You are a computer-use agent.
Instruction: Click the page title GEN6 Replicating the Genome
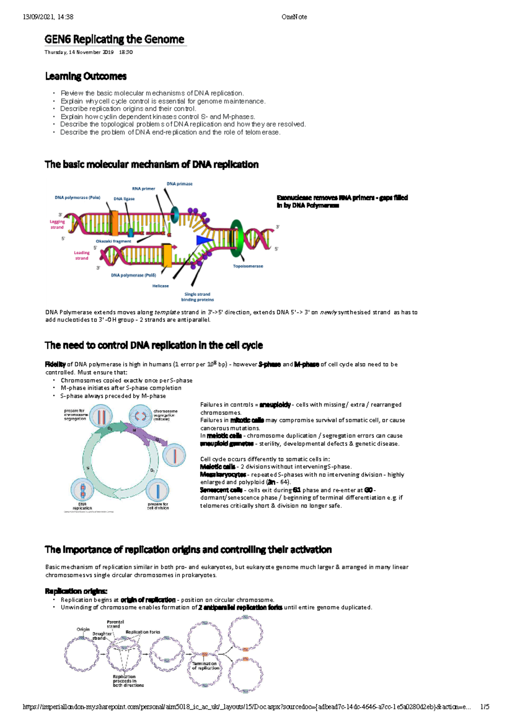click(x=114, y=40)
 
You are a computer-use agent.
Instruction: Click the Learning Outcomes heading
click(x=86, y=76)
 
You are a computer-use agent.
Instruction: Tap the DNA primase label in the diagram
click(x=179, y=184)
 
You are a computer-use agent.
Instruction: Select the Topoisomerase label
click(x=248, y=266)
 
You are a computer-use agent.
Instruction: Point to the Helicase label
click(x=160, y=286)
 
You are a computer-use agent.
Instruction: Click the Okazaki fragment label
click(x=113, y=241)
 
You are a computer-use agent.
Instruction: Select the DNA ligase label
click(x=124, y=199)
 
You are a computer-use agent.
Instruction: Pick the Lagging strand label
click(x=57, y=224)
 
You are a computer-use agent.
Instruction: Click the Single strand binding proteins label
click(x=197, y=297)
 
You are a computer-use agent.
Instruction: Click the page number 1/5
click(x=484, y=707)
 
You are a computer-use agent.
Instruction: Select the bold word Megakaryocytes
click(x=223, y=474)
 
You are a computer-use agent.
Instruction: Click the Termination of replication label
click(x=205, y=666)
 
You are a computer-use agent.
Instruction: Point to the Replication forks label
click(x=143, y=632)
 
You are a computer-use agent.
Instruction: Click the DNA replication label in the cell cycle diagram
click(x=82, y=506)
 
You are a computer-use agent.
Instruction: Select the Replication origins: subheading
click(x=76, y=591)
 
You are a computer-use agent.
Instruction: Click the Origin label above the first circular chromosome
click(x=83, y=629)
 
